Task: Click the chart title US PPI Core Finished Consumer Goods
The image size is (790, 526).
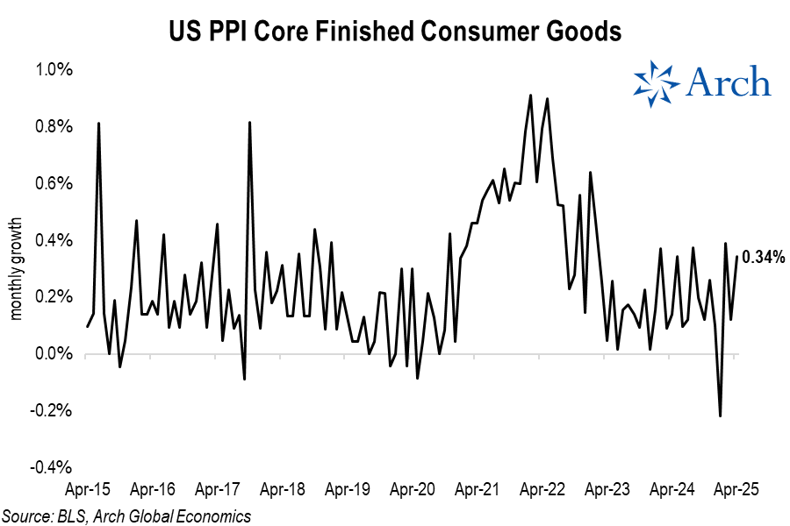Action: click(x=395, y=32)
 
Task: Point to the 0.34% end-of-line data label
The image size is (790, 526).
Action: click(x=763, y=258)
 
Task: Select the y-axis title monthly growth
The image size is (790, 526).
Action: click(x=15, y=268)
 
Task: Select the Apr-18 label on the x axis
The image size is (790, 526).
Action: click(x=283, y=489)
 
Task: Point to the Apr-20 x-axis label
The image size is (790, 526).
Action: click(x=413, y=489)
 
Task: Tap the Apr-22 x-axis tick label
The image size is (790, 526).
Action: click(x=542, y=489)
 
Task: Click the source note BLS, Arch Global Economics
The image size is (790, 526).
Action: click(x=126, y=515)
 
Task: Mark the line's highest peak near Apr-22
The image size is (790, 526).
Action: click(x=531, y=96)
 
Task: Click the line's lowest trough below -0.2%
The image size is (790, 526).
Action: click(x=721, y=416)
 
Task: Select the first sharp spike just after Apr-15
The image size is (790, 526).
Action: click(x=98, y=124)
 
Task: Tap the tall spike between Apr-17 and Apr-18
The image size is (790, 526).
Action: click(x=250, y=123)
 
